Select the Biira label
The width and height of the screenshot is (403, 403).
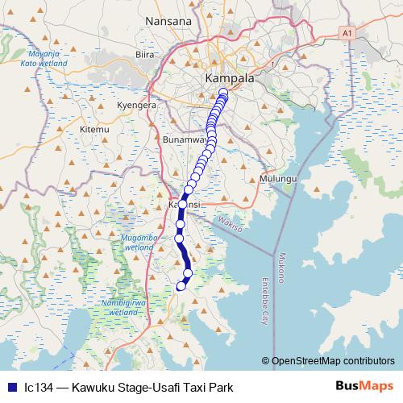pyautogui.click(x=144, y=55)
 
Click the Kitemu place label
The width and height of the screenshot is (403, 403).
pyautogui.click(x=94, y=129)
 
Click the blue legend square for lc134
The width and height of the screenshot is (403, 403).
pyautogui.click(x=10, y=387)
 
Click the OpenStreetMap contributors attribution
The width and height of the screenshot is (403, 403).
pyautogui.click(x=333, y=361)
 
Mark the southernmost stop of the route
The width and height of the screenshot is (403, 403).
pyautogui.click(x=181, y=285)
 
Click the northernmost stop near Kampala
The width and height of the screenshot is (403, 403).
pyautogui.click(x=223, y=93)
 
